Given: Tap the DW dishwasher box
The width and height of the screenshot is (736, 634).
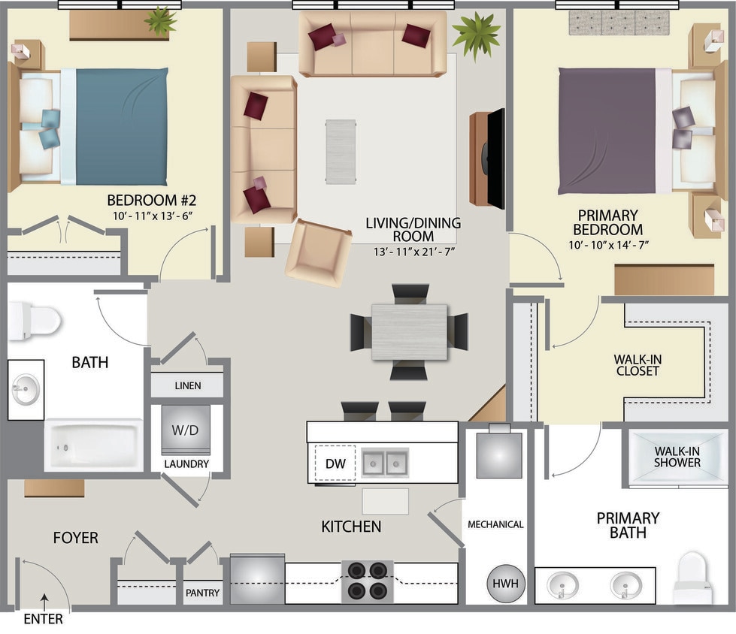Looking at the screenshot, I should pyautogui.click(x=335, y=463).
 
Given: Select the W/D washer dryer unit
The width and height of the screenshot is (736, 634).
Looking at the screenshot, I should pyautogui.click(x=186, y=430).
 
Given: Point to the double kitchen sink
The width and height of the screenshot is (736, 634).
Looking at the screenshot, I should pyautogui.click(x=385, y=463).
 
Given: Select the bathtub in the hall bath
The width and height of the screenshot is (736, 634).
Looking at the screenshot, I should pyautogui.click(x=94, y=445).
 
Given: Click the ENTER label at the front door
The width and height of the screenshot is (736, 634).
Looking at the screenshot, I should pyautogui.click(x=44, y=620).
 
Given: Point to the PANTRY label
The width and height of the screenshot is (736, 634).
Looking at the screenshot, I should pyautogui.click(x=203, y=593).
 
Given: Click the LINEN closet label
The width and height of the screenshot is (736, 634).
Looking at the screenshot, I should pyautogui.click(x=187, y=385).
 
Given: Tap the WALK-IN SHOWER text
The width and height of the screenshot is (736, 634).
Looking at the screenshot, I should pyautogui.click(x=677, y=457).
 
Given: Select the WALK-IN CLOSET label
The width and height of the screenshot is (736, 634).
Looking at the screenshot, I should pyautogui.click(x=638, y=365).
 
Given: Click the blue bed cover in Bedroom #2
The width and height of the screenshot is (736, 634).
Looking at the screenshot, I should pyautogui.click(x=121, y=126).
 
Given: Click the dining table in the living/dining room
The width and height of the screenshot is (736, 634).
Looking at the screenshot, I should pyautogui.click(x=409, y=331).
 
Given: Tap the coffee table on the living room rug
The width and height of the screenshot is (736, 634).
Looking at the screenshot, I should pyautogui.click(x=341, y=151).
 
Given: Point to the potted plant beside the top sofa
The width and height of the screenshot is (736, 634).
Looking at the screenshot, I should pyautogui.click(x=476, y=34).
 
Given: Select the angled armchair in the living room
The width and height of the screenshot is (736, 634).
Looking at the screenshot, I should pyautogui.click(x=318, y=252).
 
